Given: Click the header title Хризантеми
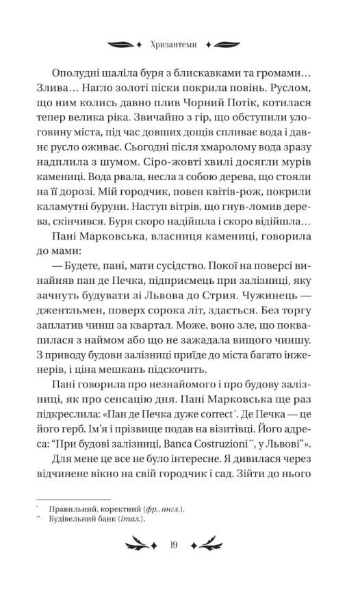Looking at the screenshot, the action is point(179,44).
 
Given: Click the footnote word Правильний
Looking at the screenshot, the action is point(70,510).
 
